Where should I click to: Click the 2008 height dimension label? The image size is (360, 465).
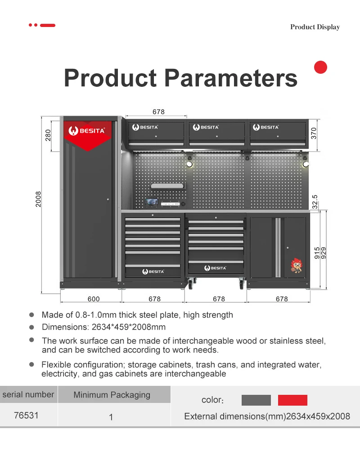coord(38,199)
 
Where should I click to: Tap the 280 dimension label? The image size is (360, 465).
coord(48,135)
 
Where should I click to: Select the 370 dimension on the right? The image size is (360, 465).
coord(314,134)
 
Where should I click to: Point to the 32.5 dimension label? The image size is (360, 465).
coord(315,201)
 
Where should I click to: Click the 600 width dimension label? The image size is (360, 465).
coord(94,299)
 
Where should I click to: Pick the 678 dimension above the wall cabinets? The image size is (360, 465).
coord(158,112)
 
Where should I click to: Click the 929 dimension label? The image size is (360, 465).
coord(324,253)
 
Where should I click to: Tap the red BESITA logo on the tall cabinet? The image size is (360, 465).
coord(87,131)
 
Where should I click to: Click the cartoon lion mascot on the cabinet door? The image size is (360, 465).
coord(296,265)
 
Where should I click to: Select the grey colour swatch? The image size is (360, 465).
coord(256,400)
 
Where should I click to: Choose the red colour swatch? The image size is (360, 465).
coord(292,400)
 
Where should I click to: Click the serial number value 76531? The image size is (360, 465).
coord(26,415)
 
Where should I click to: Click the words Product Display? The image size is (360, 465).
coord(315,27)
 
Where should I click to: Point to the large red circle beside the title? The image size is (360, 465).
coord(320,67)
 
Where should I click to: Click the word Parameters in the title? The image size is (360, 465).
coord(230,78)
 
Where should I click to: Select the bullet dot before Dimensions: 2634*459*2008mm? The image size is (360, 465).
coord(31,327)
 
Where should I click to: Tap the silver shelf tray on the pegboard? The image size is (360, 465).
coord(167,186)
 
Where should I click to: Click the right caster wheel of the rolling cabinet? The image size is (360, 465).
coord(241,284)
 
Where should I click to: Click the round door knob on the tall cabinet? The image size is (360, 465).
coord(108,199)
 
